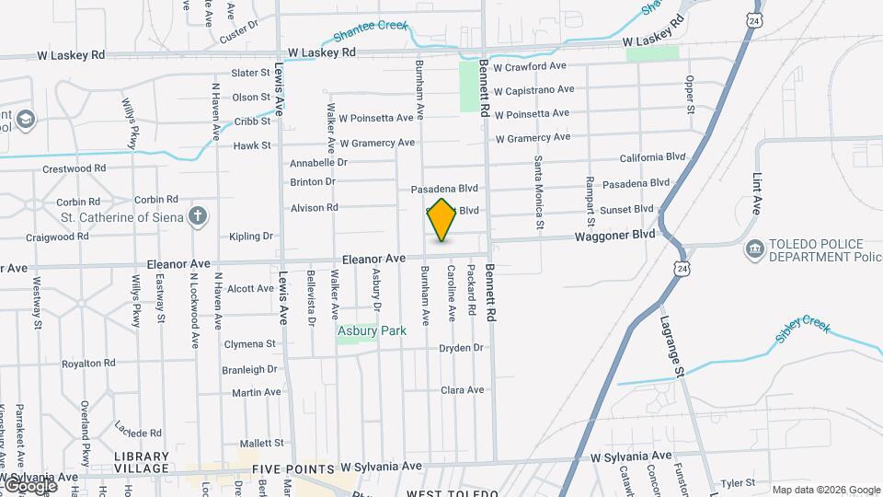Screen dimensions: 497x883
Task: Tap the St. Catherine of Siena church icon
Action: (196, 217)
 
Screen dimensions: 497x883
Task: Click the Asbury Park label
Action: (372, 330)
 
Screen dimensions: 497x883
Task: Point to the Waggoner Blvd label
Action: (615, 235)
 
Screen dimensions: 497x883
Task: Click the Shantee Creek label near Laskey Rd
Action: (370, 30)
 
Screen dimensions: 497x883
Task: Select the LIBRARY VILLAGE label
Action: (142, 462)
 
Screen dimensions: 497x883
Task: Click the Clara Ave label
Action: (463, 390)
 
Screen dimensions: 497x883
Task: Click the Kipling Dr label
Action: (251, 237)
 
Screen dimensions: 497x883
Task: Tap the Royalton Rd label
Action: (88, 364)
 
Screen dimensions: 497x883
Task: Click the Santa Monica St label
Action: (539, 191)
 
